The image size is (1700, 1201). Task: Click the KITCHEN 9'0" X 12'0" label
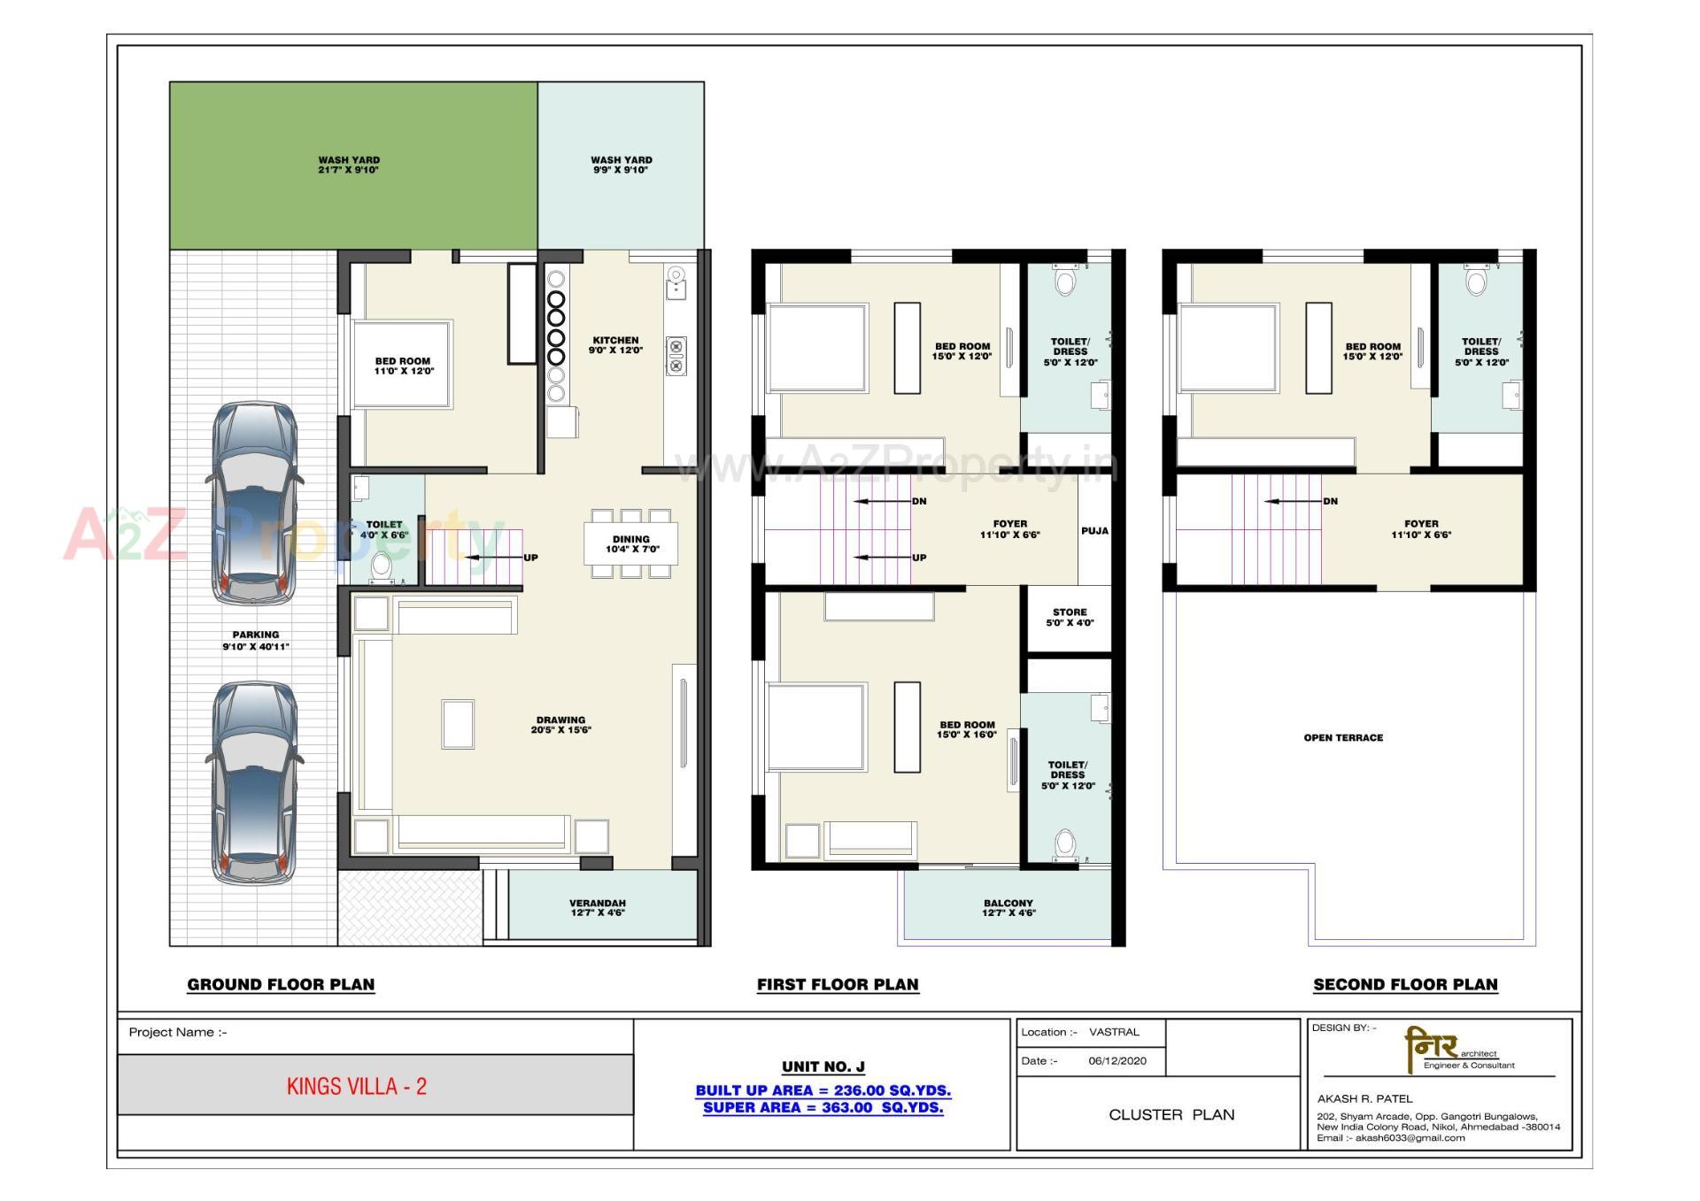[615, 345]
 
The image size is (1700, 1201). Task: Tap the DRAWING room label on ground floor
[560, 725]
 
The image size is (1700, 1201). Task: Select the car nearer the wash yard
[255, 503]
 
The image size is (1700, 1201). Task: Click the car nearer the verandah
[255, 782]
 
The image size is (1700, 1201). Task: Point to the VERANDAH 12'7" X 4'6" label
[598, 908]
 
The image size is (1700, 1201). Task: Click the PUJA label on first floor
[1094, 531]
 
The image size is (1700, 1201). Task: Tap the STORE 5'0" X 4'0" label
[1070, 617]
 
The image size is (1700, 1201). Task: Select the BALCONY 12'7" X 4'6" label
[1008, 908]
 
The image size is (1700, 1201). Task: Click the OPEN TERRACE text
[1343, 737]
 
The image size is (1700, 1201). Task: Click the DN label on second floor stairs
[1330, 501]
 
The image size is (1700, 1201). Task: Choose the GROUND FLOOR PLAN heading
[281, 984]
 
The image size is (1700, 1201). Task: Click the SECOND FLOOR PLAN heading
[1405, 984]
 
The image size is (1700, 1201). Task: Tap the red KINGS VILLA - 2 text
[357, 1087]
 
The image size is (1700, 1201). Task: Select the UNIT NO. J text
[823, 1066]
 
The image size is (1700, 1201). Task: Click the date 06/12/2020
[1117, 1060]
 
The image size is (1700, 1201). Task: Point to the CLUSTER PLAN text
[1171, 1114]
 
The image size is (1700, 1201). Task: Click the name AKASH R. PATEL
[1364, 1098]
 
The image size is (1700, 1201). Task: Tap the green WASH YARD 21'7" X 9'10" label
[349, 165]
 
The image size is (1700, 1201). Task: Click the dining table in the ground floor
[630, 543]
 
